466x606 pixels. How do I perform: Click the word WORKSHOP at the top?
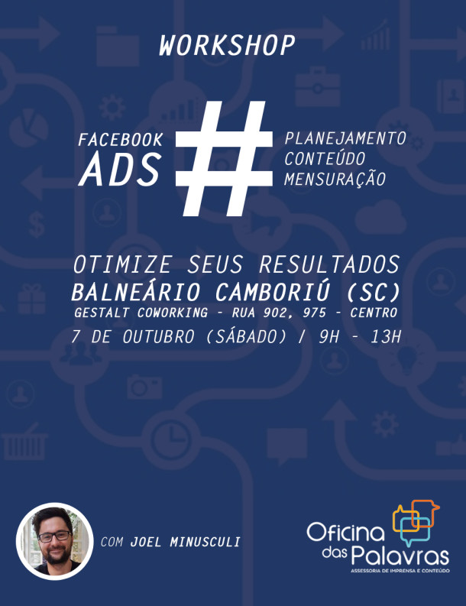(227, 46)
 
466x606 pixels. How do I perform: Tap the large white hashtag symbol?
(224, 158)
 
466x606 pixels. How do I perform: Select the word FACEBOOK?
(121, 140)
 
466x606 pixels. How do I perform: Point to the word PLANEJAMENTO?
(345, 139)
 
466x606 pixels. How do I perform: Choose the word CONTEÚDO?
(325, 159)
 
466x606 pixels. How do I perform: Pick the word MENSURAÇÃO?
(335, 180)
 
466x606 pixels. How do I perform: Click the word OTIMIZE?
(122, 265)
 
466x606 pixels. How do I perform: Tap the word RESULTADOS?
(329, 265)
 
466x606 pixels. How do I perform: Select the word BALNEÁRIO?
(136, 292)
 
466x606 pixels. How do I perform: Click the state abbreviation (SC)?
(374, 293)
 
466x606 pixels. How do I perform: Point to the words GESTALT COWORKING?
(141, 313)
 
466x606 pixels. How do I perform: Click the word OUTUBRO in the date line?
(158, 337)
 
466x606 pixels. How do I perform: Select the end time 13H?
(386, 337)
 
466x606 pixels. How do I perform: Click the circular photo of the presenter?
(54, 541)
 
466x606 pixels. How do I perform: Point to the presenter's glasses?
(55, 536)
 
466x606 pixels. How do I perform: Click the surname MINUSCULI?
(205, 543)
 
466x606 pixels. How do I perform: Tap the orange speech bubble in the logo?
(424, 513)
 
